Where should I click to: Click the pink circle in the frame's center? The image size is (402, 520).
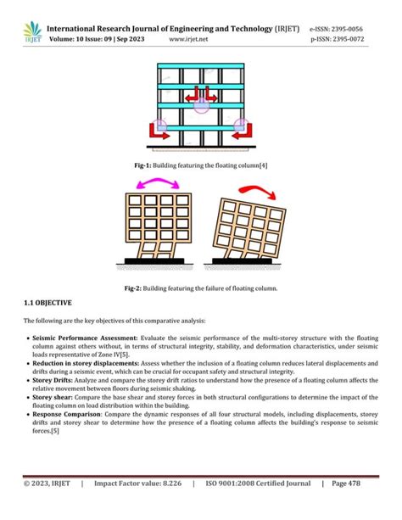tap(202, 106)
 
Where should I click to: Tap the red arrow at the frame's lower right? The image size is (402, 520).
tap(243, 129)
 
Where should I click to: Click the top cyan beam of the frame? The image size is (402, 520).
tap(202, 68)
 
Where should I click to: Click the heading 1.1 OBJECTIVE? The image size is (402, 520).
tap(47, 303)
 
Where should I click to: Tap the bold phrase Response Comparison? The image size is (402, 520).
tap(65, 415)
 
